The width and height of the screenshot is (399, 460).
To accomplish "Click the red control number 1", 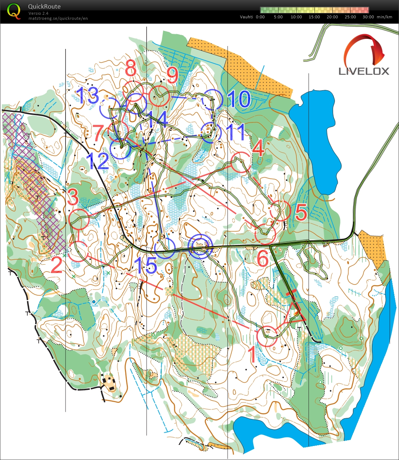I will coord(253,354).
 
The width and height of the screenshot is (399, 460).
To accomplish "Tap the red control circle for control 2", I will coord(78,251).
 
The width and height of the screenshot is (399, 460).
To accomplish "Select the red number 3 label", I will coord(73,197).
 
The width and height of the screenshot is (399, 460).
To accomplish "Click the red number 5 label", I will coord(301,213).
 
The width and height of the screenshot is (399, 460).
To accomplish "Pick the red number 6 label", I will coord(263,258).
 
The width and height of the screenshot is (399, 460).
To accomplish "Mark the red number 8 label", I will coord(130,68).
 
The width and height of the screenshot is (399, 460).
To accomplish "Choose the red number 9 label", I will coord(172,76).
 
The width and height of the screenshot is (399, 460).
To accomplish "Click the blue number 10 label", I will coord(239,99).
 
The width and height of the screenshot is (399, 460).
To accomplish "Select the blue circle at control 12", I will coord(120,149).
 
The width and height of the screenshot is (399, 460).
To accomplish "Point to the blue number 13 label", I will coord(87,96).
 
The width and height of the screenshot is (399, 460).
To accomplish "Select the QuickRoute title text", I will coord(44,6).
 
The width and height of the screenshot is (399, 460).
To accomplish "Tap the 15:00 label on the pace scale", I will coord(314,17).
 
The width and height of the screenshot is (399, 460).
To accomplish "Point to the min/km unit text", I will coord(385,17).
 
